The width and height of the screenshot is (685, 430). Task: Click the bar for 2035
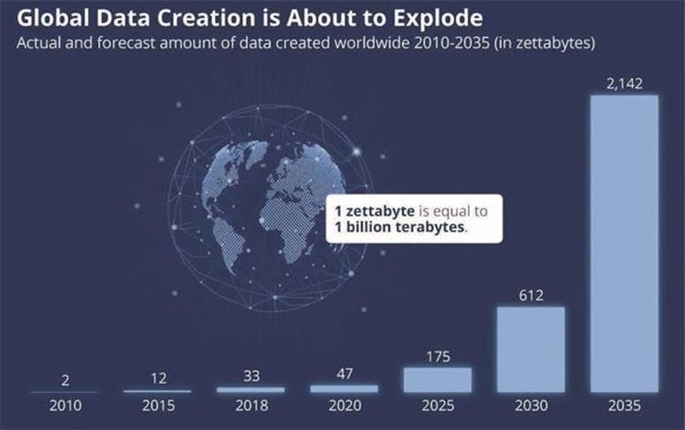(624, 243)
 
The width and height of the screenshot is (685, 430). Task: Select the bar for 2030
(531, 349)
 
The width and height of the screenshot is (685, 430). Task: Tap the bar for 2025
(437, 379)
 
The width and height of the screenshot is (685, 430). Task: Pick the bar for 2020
(343, 388)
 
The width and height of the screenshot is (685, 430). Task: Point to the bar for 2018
(251, 389)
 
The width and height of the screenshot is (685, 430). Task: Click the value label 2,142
(624, 84)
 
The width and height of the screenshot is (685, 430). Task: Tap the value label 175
(437, 357)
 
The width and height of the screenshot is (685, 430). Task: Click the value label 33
(251, 376)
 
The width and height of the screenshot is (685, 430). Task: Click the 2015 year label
(157, 406)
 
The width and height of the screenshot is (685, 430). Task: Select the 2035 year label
(624, 406)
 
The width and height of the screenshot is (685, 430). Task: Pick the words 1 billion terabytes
(400, 228)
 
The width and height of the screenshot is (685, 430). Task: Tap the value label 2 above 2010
(64, 381)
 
